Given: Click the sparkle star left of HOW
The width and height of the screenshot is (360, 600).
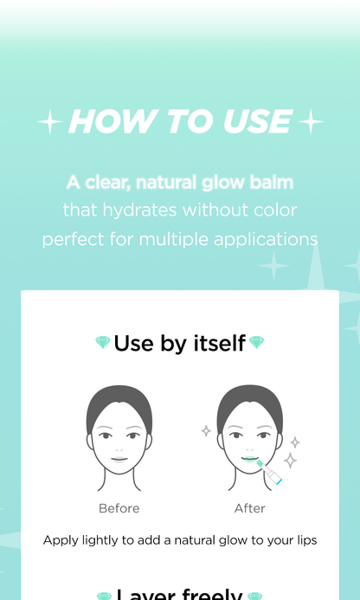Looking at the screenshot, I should pos(49,123).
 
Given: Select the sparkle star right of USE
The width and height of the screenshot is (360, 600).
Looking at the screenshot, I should pos(311,123).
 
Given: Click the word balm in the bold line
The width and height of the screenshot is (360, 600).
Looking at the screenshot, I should pos(272,183).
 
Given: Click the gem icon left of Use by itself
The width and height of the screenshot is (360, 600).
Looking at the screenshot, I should pos(102,344).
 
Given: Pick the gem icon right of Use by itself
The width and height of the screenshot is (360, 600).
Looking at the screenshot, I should pos(256,344).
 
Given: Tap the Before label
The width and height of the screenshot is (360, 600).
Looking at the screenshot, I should pos(119,508).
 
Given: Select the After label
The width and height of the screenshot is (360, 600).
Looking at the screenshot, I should pos(249,508).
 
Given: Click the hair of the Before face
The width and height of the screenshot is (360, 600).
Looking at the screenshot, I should pos(119,403).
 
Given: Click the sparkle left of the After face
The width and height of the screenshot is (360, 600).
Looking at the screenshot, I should pos(206,430).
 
